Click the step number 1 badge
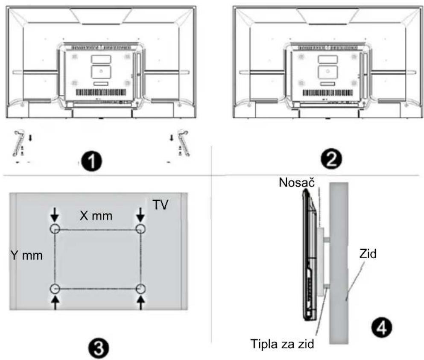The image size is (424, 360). point(92,162)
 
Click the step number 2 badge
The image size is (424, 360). point(331,159)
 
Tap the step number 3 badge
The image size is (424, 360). point(99,348)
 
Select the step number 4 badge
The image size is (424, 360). point(381,327)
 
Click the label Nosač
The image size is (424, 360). point(297,182)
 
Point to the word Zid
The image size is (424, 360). point(368,254)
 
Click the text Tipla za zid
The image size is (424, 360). point(282,344)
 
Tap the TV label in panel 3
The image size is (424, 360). point(161,205)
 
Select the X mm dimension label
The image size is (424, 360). point(96,216)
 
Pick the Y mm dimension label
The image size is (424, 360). point(26,255)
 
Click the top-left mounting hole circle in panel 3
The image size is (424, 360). point(55,229)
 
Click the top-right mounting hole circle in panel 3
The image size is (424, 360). point(140,229)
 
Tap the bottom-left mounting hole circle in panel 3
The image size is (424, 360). point(55,289)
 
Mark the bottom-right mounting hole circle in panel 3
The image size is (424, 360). point(140,289)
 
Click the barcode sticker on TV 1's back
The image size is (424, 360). point(101,93)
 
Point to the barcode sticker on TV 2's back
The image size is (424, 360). point(328,93)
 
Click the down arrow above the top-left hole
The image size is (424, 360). point(55,215)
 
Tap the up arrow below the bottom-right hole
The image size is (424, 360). point(140,302)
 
